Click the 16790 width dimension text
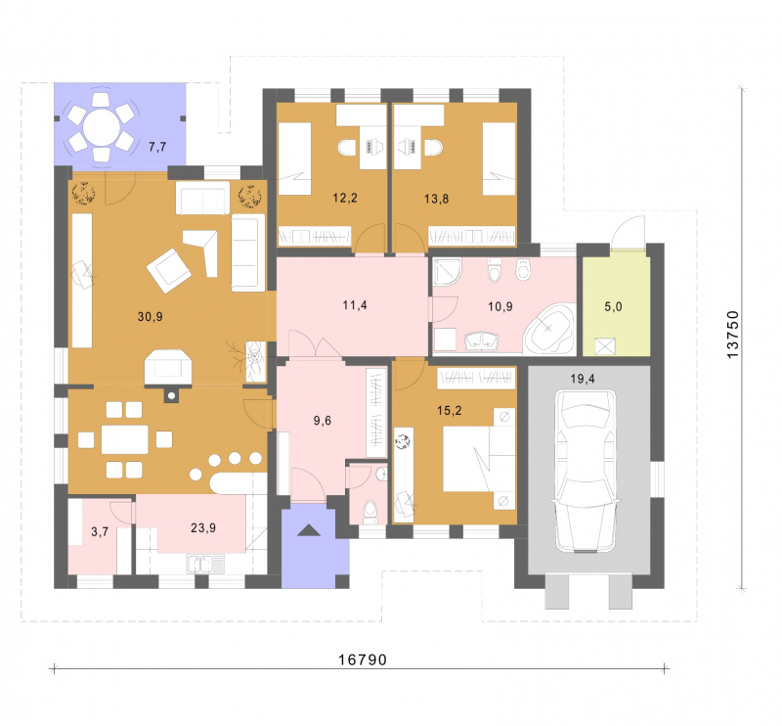coord(363,659)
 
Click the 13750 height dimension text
coord(732,334)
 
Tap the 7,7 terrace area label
coord(157,147)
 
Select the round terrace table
coord(102,127)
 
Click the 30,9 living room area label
coord(151,317)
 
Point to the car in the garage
coord(586,472)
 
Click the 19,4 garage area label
coord(583,379)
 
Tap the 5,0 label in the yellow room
coord(614,306)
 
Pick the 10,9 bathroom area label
coord(500,306)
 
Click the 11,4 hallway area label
coord(355,304)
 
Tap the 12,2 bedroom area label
coord(345,198)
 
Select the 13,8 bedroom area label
coord(436,199)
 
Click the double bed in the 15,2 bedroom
coord(479,459)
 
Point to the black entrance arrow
coord(309,530)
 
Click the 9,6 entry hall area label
coord(323,421)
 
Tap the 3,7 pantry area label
coord(100,531)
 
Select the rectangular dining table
coord(125,439)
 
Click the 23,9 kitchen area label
coord(203,527)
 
